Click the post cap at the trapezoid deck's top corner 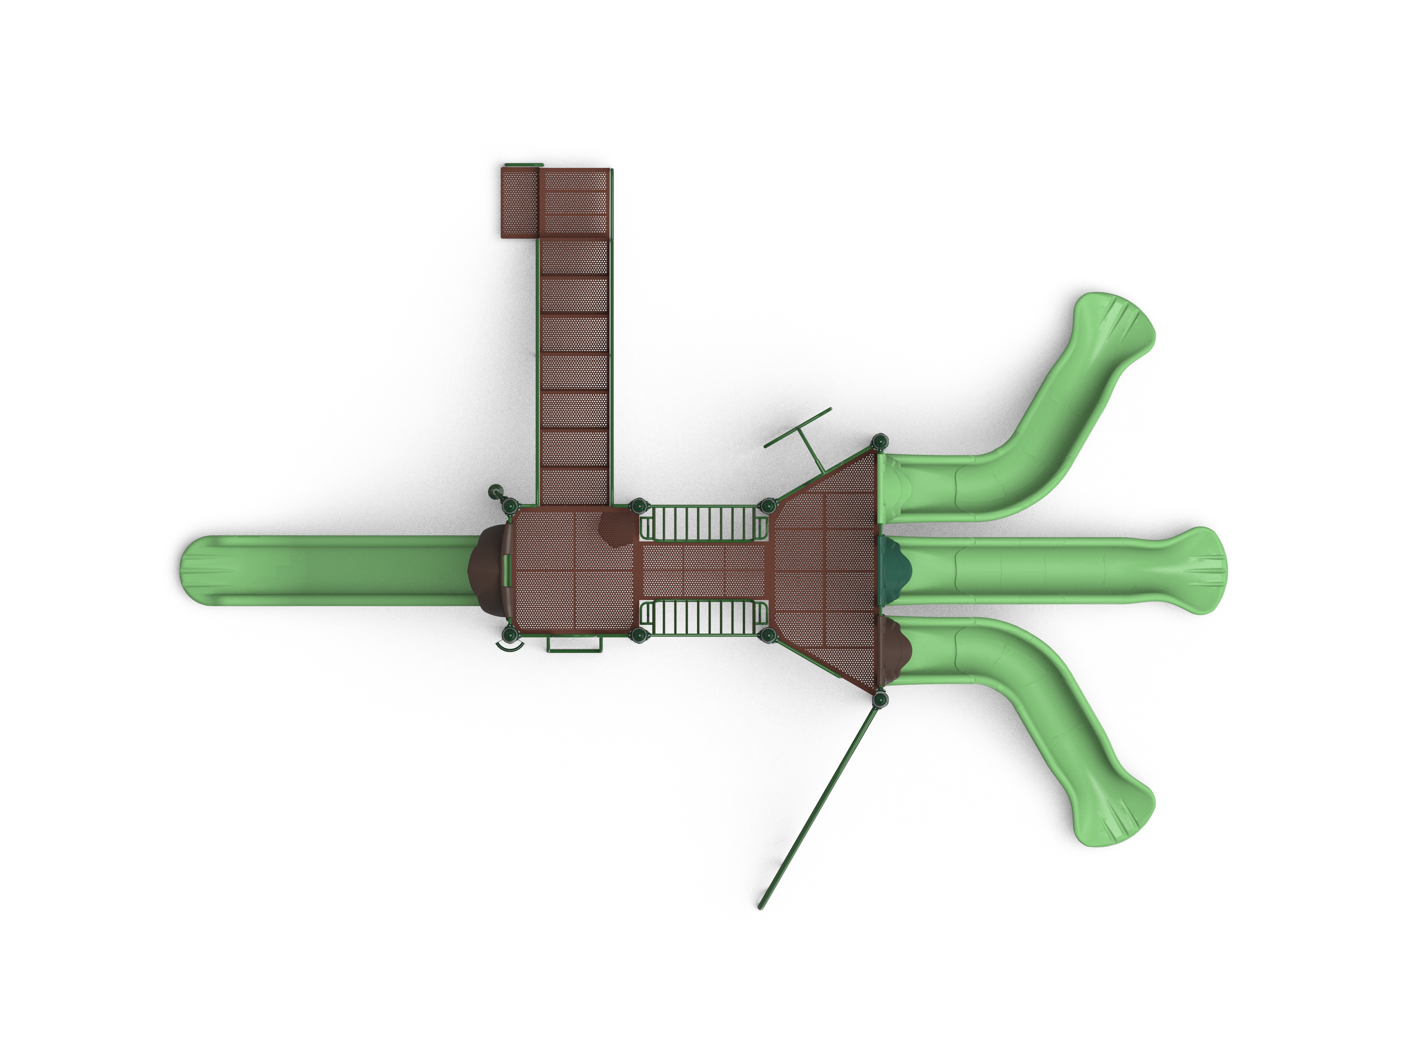click(880, 441)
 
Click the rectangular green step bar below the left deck click(574, 645)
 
